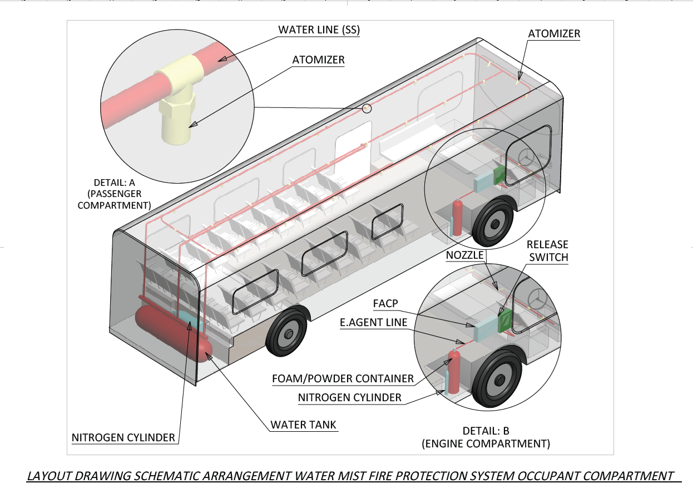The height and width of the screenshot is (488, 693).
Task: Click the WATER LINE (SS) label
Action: point(319,31)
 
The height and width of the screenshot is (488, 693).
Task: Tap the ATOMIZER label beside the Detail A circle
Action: point(318,60)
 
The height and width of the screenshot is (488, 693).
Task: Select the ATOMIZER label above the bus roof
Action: point(554,34)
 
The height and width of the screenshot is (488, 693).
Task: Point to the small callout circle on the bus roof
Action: point(367,109)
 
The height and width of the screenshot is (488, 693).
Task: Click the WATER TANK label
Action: point(303,425)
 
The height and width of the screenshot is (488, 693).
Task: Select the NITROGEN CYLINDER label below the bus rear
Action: point(123,437)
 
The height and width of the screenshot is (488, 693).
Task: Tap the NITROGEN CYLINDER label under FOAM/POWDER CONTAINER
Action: point(349,397)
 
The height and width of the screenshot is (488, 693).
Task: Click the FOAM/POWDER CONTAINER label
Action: point(343,379)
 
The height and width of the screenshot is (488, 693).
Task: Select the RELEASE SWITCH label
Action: point(548,250)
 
